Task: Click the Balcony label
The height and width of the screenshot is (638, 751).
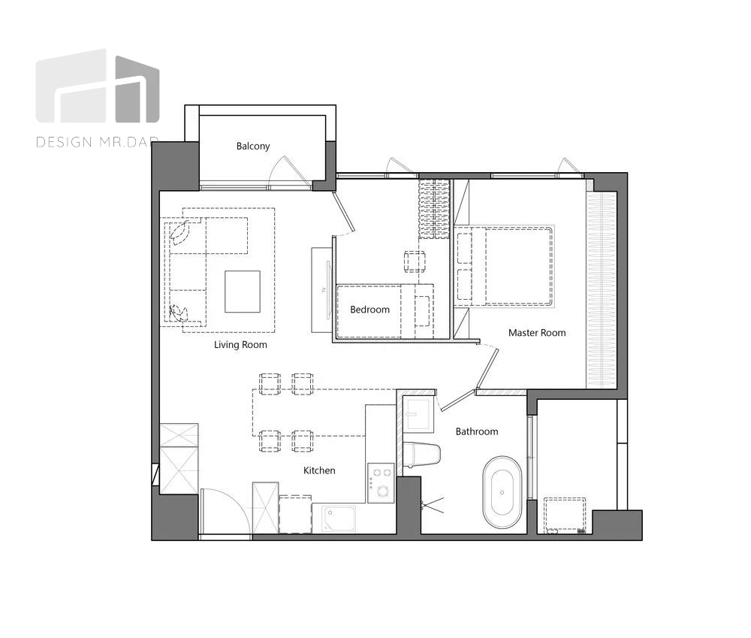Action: (253, 147)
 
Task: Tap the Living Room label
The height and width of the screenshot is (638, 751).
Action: (240, 345)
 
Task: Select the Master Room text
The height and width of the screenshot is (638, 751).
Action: (537, 333)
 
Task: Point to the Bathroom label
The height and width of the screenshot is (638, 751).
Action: (477, 431)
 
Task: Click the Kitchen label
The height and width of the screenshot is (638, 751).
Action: (319, 470)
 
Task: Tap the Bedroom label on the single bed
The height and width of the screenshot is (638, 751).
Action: (369, 310)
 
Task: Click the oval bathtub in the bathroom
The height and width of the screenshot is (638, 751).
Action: (502, 492)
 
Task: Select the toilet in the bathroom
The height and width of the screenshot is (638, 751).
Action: (421, 454)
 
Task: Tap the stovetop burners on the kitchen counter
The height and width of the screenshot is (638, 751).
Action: (381, 482)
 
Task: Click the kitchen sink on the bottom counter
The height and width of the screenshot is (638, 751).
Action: (339, 519)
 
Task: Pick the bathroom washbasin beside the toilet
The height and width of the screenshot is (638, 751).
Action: (418, 414)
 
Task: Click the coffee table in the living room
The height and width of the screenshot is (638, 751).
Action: (243, 292)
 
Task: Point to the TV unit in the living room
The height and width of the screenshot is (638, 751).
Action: (321, 290)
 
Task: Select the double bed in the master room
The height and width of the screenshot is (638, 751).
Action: (505, 266)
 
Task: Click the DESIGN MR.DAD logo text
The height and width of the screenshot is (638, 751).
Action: (97, 142)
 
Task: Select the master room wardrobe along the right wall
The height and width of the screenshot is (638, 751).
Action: (602, 290)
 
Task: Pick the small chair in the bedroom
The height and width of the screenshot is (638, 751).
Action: (415, 262)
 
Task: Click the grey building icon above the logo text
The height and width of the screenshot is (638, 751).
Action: (98, 86)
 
